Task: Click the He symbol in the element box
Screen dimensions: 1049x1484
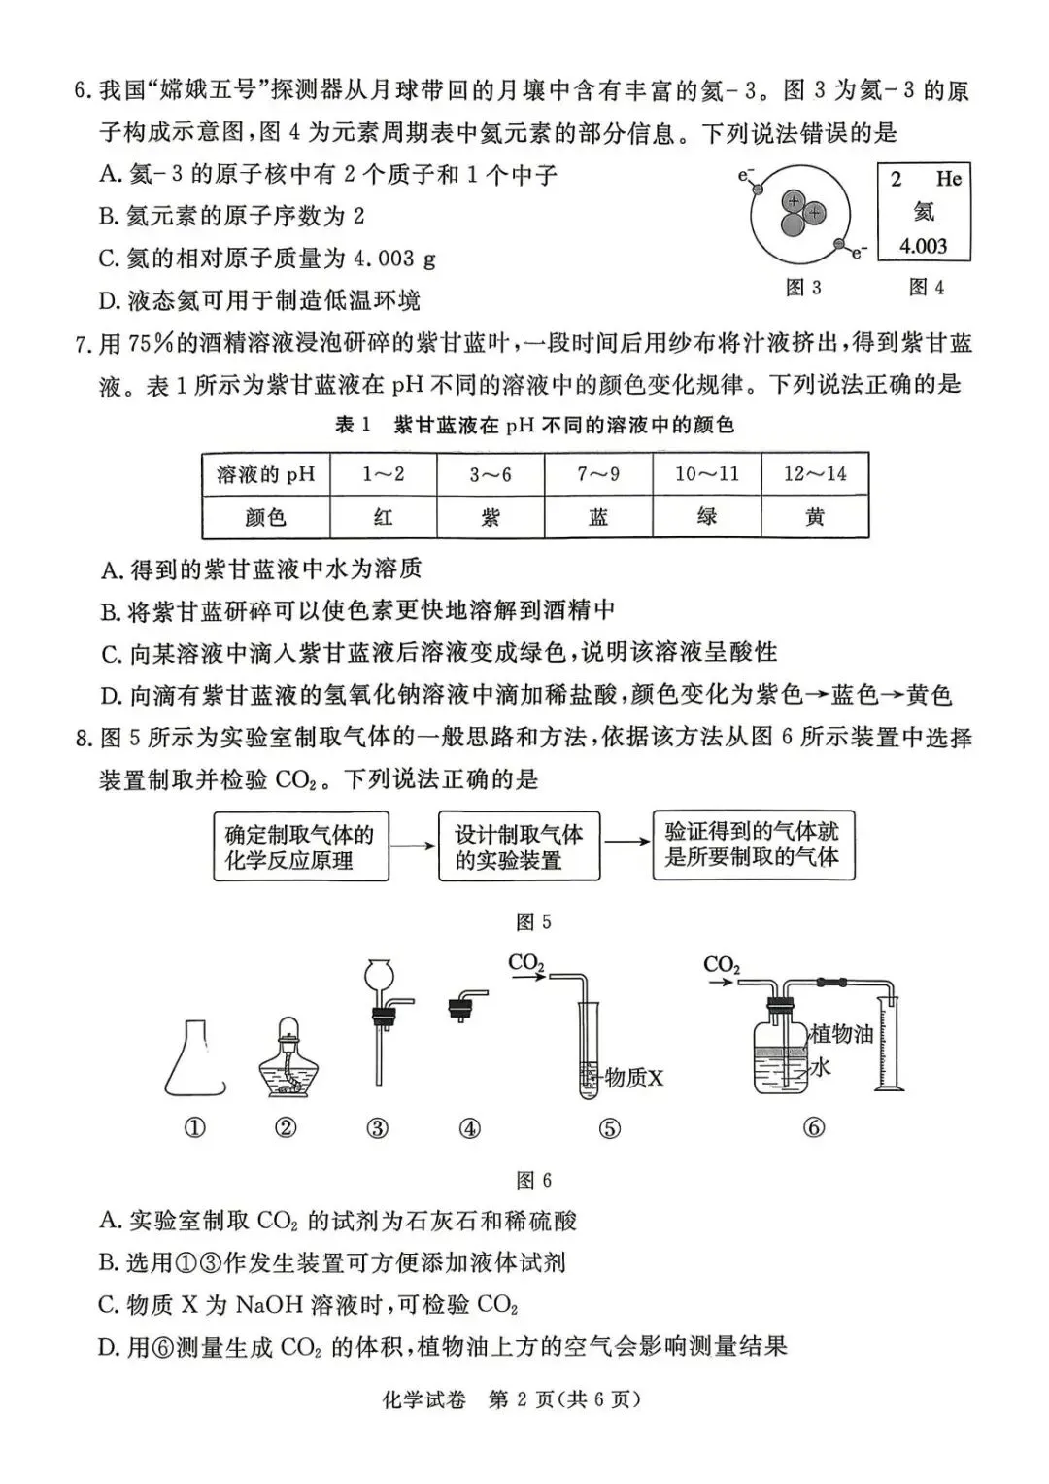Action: pyautogui.click(x=948, y=179)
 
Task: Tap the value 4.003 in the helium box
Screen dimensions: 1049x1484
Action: pyautogui.click(x=923, y=245)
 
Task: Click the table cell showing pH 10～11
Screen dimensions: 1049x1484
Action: pyautogui.click(x=707, y=474)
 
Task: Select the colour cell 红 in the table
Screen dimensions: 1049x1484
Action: pyautogui.click(x=384, y=517)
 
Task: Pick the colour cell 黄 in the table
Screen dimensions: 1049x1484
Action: pyautogui.click(x=815, y=517)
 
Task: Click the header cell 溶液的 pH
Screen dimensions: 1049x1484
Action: pyautogui.click(x=266, y=474)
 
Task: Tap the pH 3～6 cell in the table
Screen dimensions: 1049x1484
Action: pyautogui.click(x=491, y=474)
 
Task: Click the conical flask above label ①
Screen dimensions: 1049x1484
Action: pyautogui.click(x=195, y=1059)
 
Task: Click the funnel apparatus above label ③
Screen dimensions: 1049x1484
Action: pyautogui.click(x=378, y=1020)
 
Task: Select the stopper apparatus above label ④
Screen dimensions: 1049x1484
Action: pyautogui.click(x=467, y=1006)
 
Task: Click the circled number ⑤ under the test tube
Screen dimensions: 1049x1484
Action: pyautogui.click(x=610, y=1128)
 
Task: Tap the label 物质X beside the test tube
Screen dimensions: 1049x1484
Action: pyautogui.click(x=633, y=1077)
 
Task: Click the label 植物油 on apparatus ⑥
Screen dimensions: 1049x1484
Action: pyautogui.click(x=842, y=1032)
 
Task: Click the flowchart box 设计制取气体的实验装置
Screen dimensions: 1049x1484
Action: pyautogui.click(x=519, y=846)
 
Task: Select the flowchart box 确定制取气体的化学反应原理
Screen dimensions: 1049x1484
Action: pyautogui.click(x=300, y=846)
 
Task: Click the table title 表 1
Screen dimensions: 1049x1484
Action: pyautogui.click(x=354, y=425)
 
